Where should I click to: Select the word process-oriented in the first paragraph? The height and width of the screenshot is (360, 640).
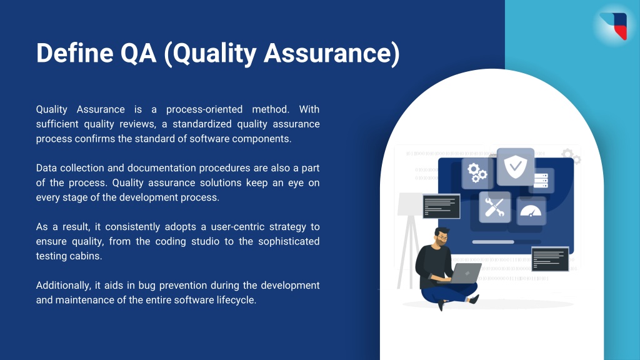point(202,109)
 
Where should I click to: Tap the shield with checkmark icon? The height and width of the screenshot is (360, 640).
point(516,166)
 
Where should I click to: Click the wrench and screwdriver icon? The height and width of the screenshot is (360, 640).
point(494,207)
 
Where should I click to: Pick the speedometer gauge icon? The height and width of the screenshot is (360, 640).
point(531,211)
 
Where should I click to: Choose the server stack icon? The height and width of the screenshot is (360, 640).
point(541,181)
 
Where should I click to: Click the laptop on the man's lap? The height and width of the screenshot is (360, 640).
point(464,273)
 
